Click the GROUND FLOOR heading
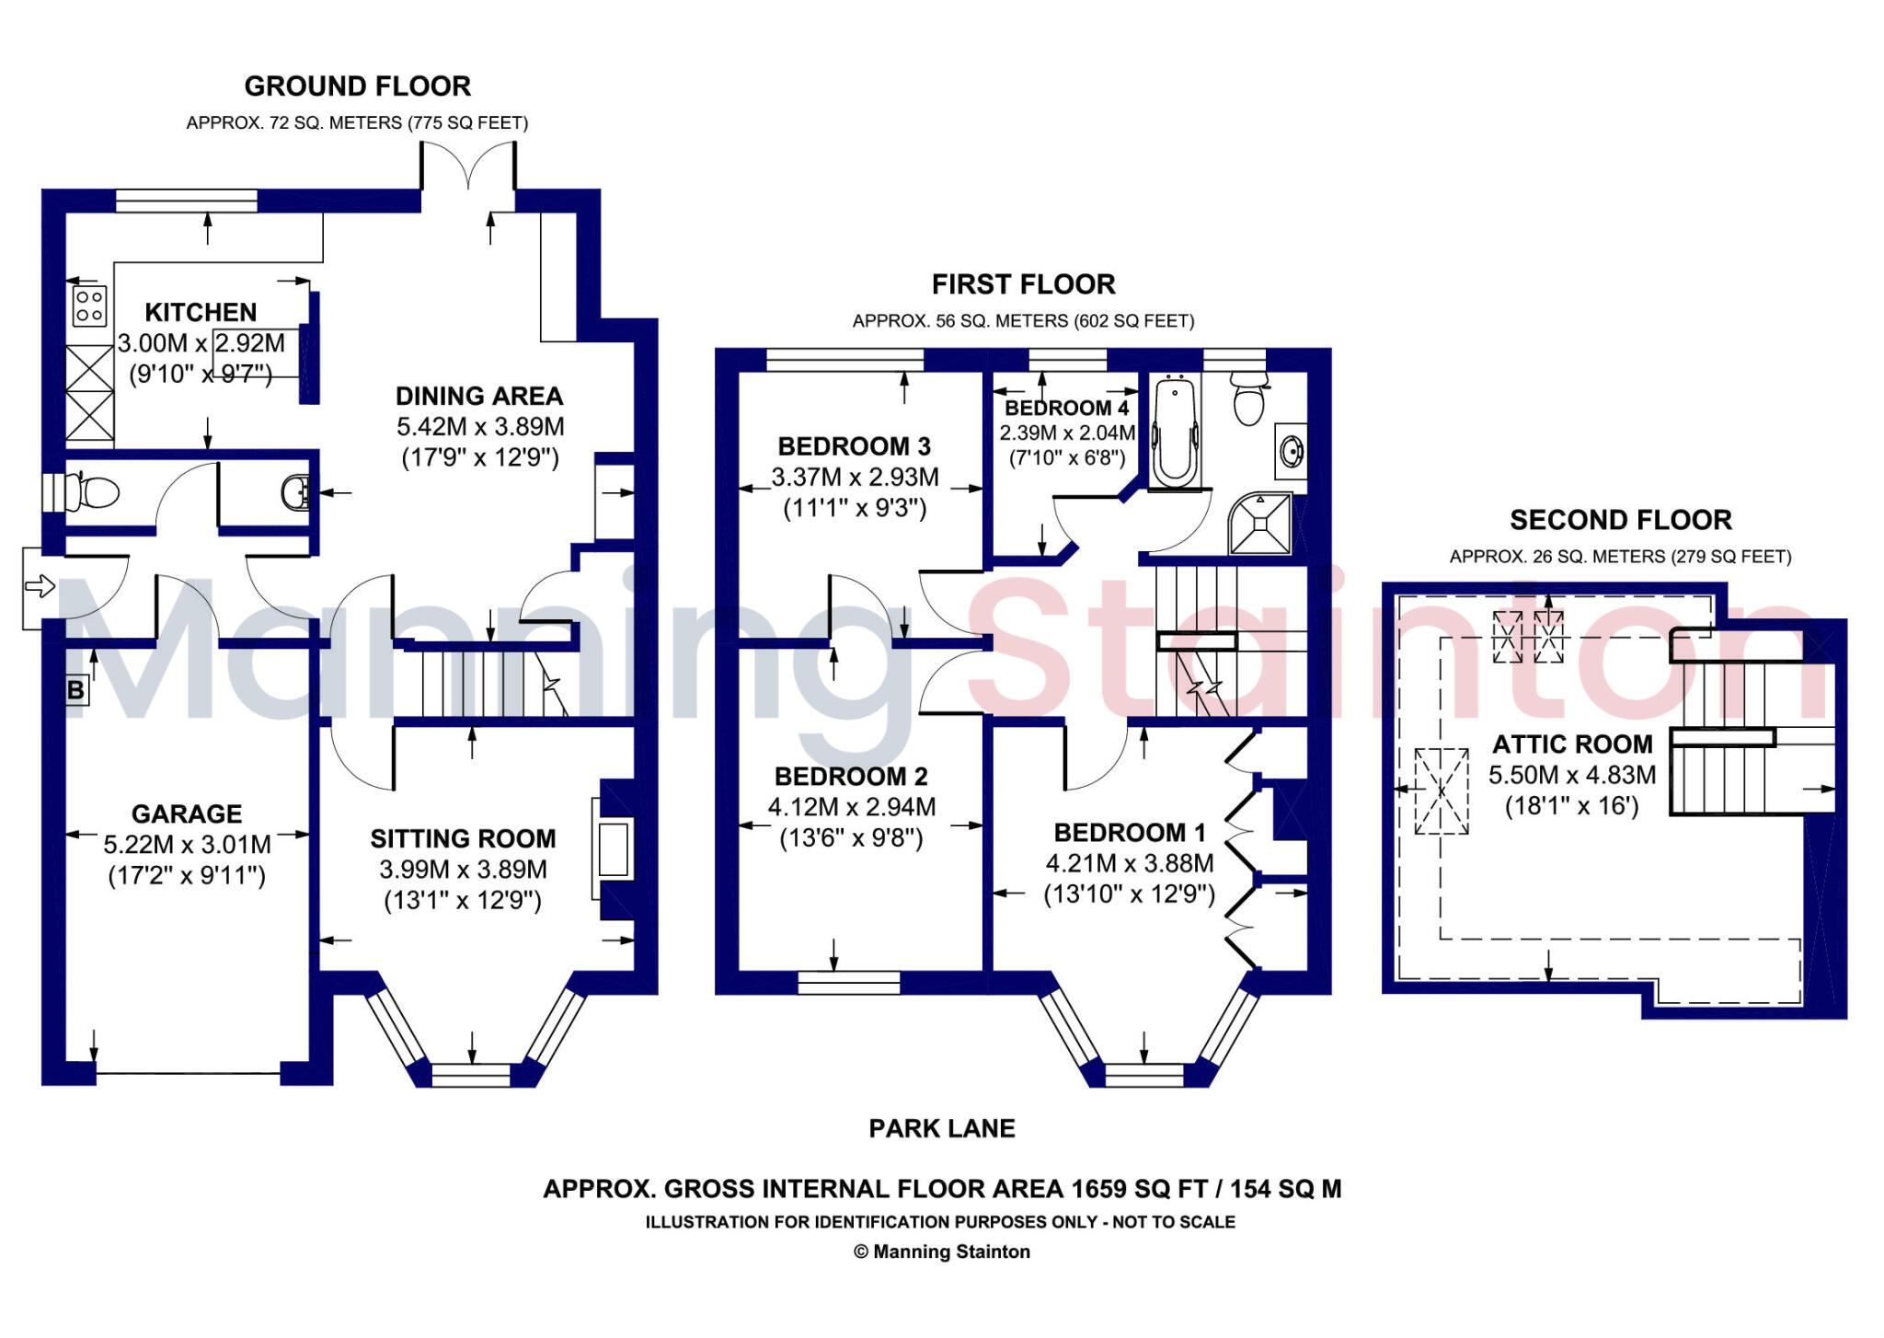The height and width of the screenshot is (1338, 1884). click(x=357, y=87)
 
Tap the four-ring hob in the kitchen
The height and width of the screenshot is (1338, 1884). click(x=89, y=306)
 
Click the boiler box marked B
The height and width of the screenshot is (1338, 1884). click(x=76, y=689)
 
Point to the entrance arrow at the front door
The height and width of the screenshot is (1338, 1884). click(x=40, y=586)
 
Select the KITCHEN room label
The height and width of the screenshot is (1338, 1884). click(x=201, y=312)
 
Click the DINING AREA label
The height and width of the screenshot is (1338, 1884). click(x=478, y=396)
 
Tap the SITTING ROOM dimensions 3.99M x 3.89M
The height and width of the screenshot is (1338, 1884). click(x=463, y=870)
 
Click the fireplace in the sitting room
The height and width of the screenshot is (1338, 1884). click(x=614, y=849)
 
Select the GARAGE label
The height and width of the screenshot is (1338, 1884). click(x=187, y=813)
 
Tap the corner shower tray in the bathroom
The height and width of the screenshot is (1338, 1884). click(x=1260, y=525)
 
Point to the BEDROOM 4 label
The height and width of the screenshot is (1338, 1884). click(x=1066, y=408)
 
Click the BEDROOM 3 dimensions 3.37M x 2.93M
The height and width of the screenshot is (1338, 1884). click(x=855, y=478)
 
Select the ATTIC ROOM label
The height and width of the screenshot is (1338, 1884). click(x=1572, y=744)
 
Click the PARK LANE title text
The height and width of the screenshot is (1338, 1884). click(x=942, y=1128)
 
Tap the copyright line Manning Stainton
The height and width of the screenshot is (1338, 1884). click(x=942, y=1251)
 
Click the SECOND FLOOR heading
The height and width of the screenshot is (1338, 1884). click(x=1621, y=520)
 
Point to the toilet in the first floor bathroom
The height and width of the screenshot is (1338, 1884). click(x=1248, y=399)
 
